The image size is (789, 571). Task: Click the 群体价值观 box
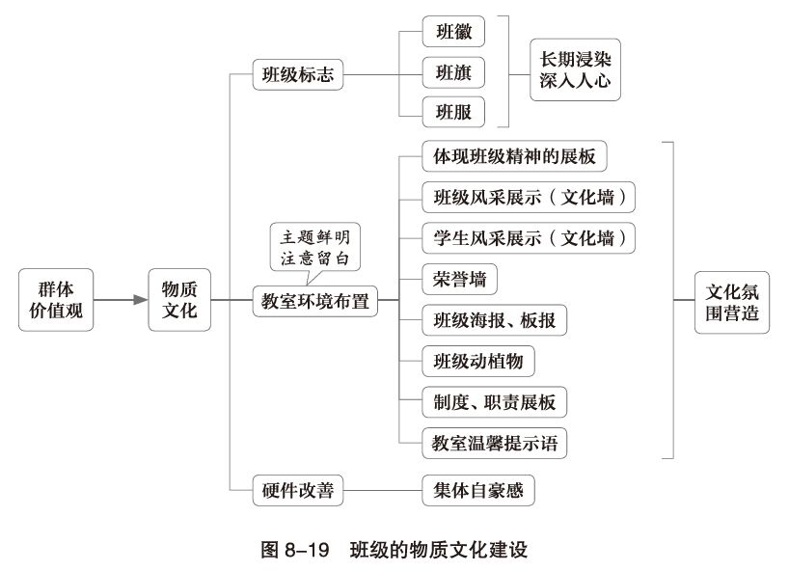(x=57, y=300)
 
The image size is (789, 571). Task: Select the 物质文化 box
(x=179, y=300)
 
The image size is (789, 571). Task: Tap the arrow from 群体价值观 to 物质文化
(x=121, y=300)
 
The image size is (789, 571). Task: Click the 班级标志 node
(x=298, y=74)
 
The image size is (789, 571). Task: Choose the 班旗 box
(x=453, y=73)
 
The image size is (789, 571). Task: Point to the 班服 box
(x=453, y=113)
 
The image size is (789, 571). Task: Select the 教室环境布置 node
(x=314, y=300)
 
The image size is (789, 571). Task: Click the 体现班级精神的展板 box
(x=515, y=156)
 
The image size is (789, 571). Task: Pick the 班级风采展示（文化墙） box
(x=530, y=197)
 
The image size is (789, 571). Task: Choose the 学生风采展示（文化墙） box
(x=530, y=237)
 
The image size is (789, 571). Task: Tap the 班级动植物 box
(x=477, y=361)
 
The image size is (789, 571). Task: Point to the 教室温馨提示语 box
(x=494, y=444)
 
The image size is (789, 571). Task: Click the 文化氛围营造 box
(x=732, y=301)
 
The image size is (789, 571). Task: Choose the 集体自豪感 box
(x=477, y=490)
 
